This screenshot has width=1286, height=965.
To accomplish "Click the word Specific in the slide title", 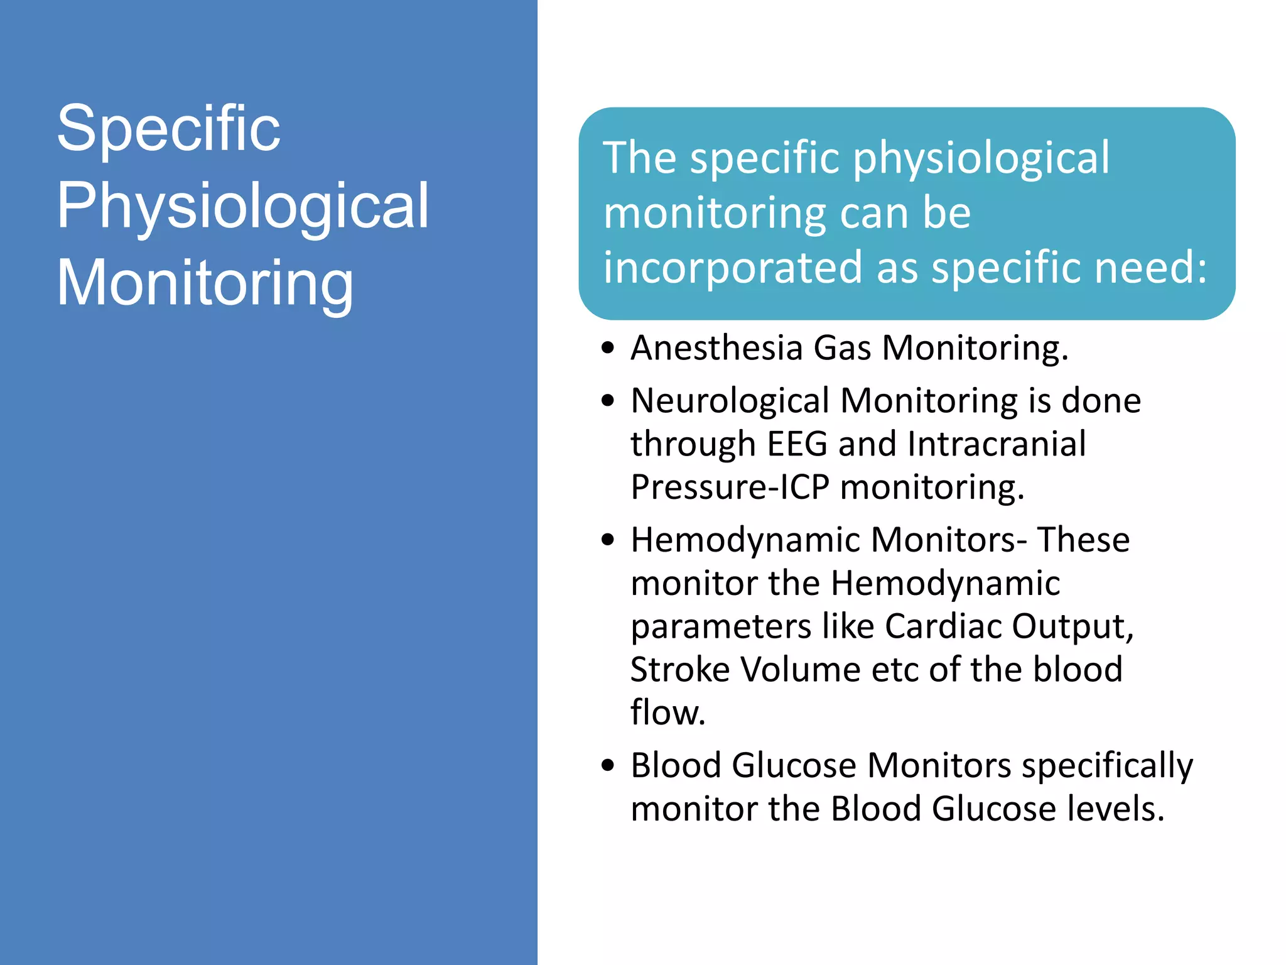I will tap(168, 129).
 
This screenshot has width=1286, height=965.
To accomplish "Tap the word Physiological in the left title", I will tap(242, 206).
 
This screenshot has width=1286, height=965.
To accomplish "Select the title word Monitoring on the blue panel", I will tap(205, 283).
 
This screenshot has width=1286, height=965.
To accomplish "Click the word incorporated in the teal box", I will tap(732, 267).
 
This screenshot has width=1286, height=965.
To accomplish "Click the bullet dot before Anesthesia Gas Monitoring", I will tap(607, 348).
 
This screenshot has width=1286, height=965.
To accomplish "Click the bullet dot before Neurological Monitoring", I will tap(607, 401).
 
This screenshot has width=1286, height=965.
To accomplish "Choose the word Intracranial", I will tap(997, 444).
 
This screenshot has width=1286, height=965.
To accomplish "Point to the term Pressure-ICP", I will tap(730, 487).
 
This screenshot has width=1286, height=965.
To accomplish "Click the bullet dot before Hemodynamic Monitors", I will tap(607, 540).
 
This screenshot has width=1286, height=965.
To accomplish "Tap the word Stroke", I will tap(679, 669).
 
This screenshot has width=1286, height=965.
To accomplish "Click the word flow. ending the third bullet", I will tap(668, 712).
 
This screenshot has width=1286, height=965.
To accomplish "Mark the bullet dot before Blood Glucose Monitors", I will tap(607, 765).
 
